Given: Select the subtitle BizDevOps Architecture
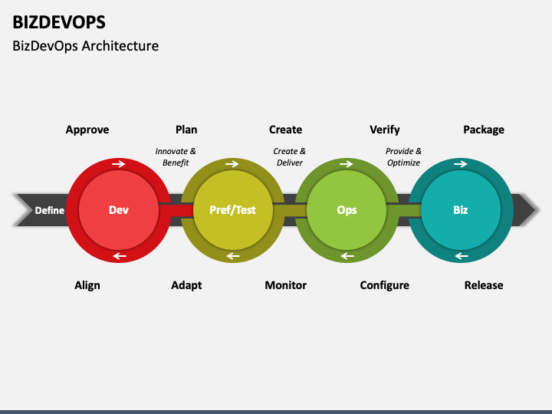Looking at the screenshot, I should [x=85, y=46].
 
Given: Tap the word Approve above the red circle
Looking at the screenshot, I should [x=87, y=130].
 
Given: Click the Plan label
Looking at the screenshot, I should [x=186, y=130].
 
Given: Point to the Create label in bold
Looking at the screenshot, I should [x=285, y=130].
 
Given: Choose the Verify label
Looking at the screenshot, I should [x=384, y=130].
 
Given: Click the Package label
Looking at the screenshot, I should [x=484, y=130].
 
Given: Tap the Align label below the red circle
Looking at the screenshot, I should [x=87, y=285].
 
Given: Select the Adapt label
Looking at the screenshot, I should [x=186, y=285].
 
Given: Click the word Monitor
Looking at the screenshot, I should [x=285, y=285].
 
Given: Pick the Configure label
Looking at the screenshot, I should [x=384, y=285].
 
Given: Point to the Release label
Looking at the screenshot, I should [x=484, y=285].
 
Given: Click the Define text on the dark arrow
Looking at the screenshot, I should [x=49, y=210].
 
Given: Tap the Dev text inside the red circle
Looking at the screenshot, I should [x=119, y=210].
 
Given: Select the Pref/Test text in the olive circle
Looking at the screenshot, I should [x=233, y=210].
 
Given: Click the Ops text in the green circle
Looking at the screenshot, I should [x=347, y=210].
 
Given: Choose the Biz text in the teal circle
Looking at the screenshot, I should [x=460, y=210].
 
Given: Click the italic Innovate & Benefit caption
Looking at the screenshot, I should [x=176, y=157].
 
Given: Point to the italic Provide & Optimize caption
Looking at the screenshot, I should [x=403, y=157].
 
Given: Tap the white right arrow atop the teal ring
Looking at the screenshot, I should [x=460, y=164].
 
